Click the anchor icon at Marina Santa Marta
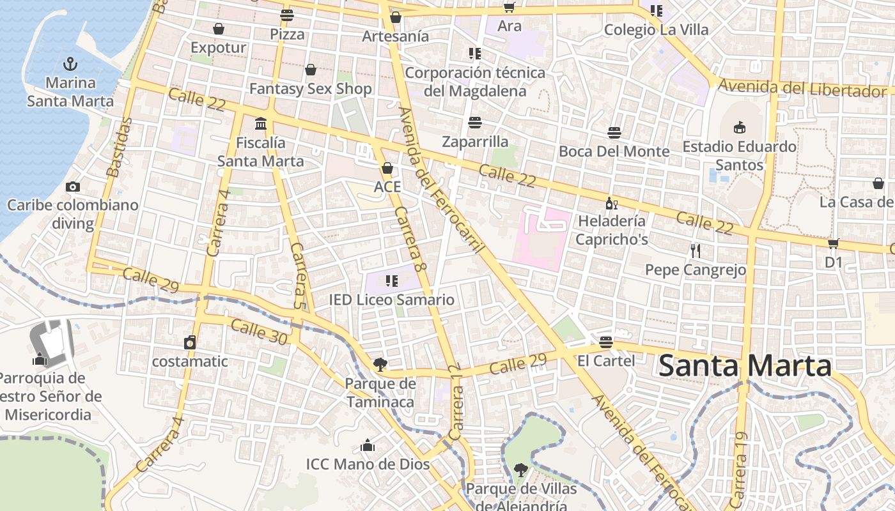(x=70, y=63)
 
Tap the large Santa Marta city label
(x=745, y=367)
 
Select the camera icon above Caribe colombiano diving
(x=73, y=187)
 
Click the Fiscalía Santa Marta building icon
(x=261, y=123)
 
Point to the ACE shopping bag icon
(x=387, y=168)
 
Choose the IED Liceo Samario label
(x=391, y=300)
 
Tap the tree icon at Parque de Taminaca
(x=380, y=365)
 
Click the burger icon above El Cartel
(x=606, y=342)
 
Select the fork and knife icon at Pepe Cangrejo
(x=696, y=250)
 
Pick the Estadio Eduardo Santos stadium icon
(x=740, y=127)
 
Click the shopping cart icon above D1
(x=833, y=243)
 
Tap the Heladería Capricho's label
(x=612, y=230)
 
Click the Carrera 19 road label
(x=740, y=470)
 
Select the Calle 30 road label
(x=258, y=332)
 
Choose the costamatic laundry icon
(x=190, y=342)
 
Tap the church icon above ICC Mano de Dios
(x=368, y=445)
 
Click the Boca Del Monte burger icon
(x=614, y=133)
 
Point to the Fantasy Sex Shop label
(x=311, y=89)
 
